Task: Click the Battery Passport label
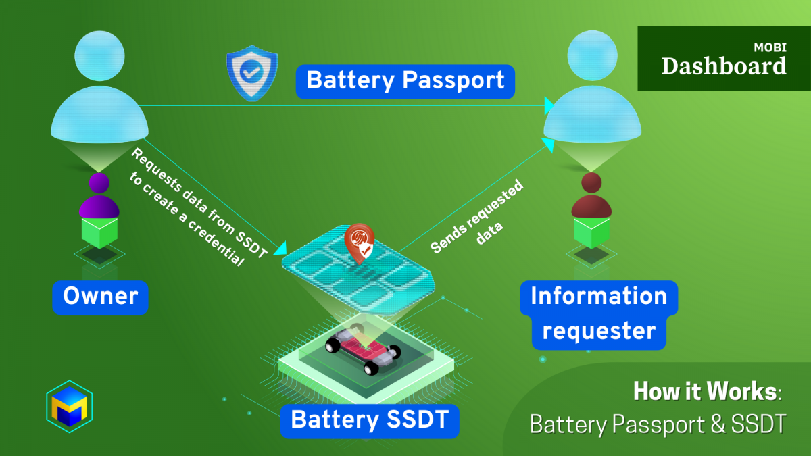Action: (x=405, y=81)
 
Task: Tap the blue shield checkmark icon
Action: (x=251, y=73)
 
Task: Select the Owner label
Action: (x=100, y=297)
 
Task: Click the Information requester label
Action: (x=599, y=314)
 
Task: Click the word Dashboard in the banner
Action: (x=723, y=66)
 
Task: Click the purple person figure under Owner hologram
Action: (x=99, y=196)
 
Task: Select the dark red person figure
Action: (x=591, y=196)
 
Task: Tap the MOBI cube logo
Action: (x=69, y=407)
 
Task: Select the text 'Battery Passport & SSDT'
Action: (x=658, y=424)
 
